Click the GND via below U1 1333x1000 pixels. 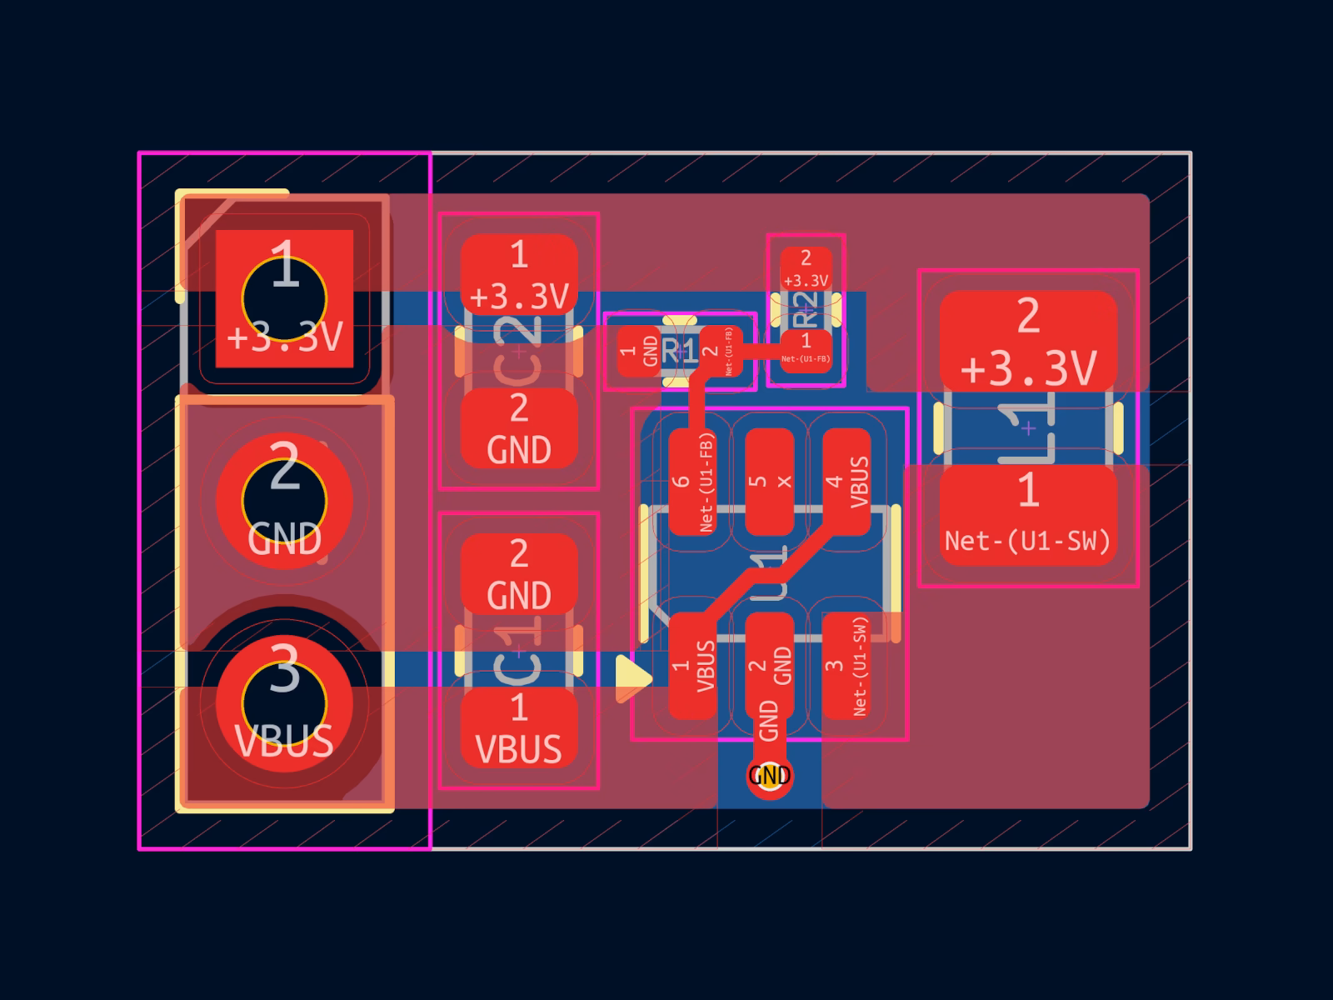point(769,776)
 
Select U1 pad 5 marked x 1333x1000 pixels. point(769,482)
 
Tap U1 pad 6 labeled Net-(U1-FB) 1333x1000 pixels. point(692,482)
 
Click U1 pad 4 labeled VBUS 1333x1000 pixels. point(846,482)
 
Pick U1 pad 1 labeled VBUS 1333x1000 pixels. point(692,665)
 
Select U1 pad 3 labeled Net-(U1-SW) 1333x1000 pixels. point(846,665)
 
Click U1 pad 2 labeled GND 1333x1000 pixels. point(769,665)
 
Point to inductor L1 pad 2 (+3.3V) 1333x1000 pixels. point(1028,340)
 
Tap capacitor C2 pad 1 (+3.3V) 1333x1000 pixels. point(519,274)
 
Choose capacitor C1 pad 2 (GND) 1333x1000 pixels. point(519,573)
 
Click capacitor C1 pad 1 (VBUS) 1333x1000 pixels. point(519,727)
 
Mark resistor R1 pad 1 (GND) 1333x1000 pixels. point(639,351)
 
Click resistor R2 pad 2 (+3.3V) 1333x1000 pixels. point(806,269)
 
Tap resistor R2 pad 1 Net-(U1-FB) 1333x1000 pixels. point(806,350)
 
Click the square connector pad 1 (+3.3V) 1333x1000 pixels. point(284,297)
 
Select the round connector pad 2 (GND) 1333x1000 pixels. point(284,501)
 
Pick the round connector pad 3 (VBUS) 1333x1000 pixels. point(284,705)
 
